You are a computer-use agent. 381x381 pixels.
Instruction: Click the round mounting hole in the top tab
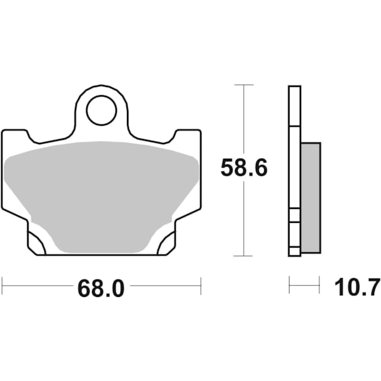click(101, 110)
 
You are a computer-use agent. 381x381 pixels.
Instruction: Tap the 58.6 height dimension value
click(244, 168)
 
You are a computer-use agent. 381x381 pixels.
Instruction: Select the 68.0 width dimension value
click(101, 289)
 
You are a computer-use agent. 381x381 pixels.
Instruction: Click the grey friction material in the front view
click(101, 190)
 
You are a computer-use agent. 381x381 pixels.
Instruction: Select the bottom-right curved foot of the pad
click(167, 243)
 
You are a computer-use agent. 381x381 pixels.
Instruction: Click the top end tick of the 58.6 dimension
click(244, 84)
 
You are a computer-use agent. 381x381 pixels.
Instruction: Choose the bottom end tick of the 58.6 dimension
click(244, 257)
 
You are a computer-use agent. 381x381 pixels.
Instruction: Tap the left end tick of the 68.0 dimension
click(2, 285)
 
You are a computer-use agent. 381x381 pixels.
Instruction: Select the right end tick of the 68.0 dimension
click(201, 285)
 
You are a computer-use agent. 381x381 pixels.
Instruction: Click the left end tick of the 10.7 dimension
click(290, 285)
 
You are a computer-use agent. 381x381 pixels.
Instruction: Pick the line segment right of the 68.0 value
click(165, 285)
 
